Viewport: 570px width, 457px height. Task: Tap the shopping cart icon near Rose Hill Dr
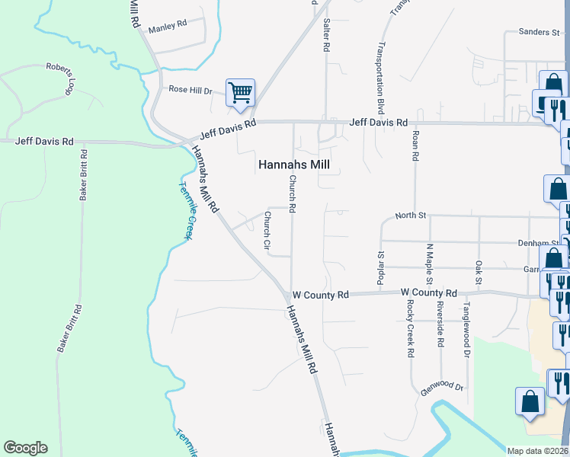(x=240, y=93)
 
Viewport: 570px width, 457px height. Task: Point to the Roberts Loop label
(x=59, y=78)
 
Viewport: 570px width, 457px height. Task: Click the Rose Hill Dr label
(x=190, y=90)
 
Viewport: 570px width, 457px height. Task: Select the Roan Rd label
(x=415, y=144)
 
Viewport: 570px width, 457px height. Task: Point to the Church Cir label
(x=267, y=231)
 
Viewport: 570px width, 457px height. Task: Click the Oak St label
(x=479, y=271)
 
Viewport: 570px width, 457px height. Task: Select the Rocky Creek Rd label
(x=410, y=328)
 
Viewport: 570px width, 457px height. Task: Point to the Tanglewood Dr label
(x=466, y=328)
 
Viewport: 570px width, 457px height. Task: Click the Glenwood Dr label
(x=442, y=388)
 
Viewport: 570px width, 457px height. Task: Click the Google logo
(x=25, y=448)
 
